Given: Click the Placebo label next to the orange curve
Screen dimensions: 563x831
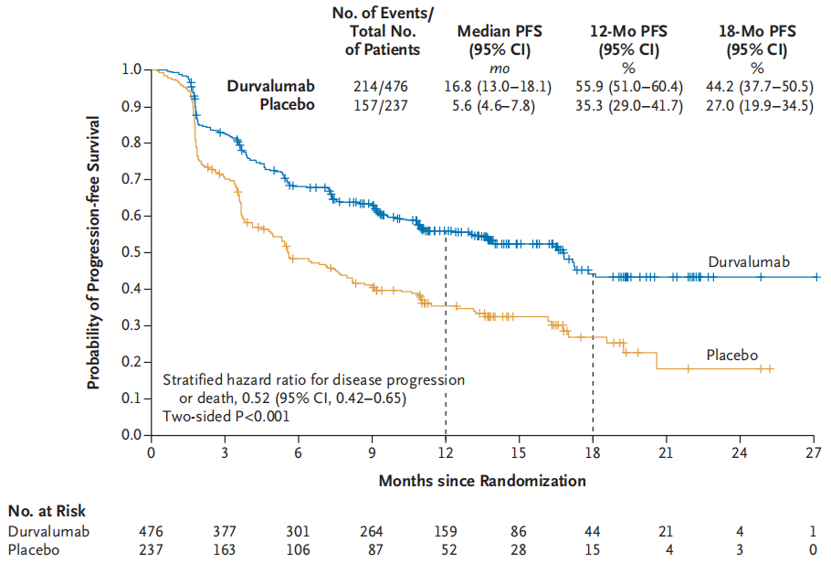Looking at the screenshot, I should pos(731,355).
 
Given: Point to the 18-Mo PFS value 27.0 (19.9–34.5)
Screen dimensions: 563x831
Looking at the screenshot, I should pos(757,105).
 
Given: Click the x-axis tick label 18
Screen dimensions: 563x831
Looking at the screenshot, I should pos(593,452).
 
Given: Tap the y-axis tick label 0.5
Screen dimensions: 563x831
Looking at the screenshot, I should pos(134,252).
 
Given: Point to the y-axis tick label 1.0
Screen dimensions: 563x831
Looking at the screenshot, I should pos(134,69).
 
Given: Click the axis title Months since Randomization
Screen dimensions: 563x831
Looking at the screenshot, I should pos(482,479).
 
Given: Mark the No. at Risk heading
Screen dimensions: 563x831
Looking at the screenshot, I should pos(47,512).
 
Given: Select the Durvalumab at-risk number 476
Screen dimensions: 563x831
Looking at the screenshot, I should pos(150,531).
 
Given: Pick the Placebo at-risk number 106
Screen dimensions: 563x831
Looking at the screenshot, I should pos(298,550).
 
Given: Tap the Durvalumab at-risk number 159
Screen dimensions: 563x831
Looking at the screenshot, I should pos(446,531).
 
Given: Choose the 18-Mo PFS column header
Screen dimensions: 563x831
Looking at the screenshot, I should pos(757,39).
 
